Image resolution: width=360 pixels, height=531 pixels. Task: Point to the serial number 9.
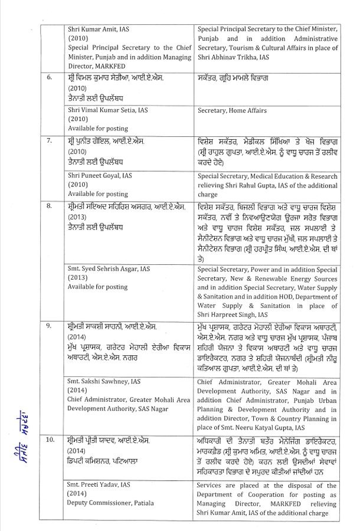[50, 326]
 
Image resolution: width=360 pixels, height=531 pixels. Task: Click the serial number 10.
[51, 441]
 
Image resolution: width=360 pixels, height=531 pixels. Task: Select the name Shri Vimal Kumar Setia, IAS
[109, 110]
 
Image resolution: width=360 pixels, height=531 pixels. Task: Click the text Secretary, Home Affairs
[232, 110]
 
